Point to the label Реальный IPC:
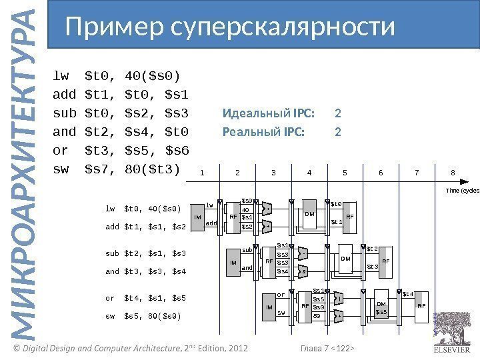[x=263, y=131]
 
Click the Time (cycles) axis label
[x=462, y=190]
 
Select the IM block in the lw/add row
[x=197, y=217]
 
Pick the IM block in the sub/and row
[x=233, y=263]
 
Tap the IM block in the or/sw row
[x=269, y=307]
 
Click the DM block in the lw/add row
[x=309, y=215]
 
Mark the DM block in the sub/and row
[x=345, y=258]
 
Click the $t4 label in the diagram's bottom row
[x=408, y=293]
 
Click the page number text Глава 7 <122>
[x=327, y=349]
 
